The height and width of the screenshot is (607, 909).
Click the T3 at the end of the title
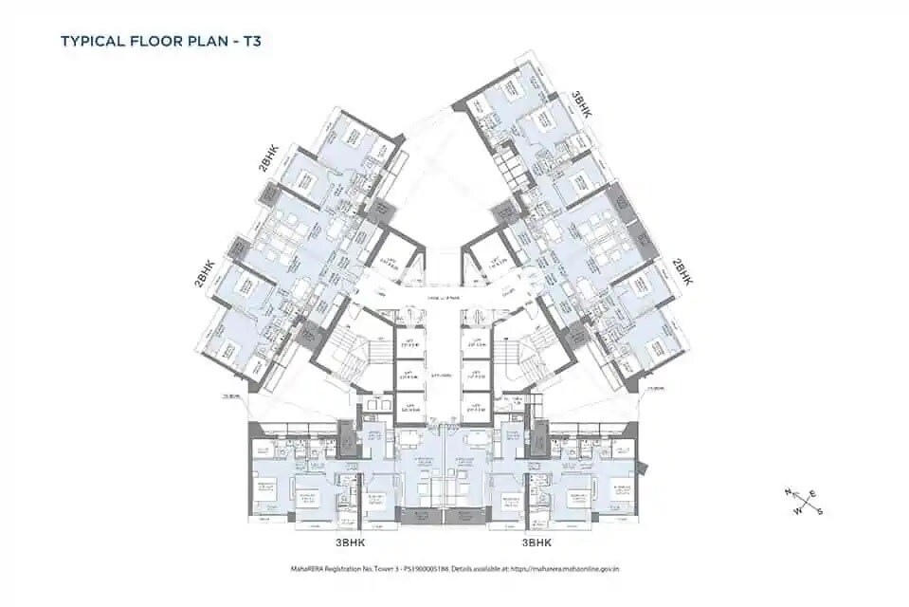coord(237,41)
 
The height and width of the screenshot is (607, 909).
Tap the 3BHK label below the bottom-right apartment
coord(537,544)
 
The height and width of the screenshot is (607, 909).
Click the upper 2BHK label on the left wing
coord(265,157)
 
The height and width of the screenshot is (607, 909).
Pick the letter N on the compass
coord(787,490)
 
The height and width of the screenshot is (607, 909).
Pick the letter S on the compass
coord(819,512)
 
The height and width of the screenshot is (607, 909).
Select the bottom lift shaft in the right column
coord(473,408)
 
